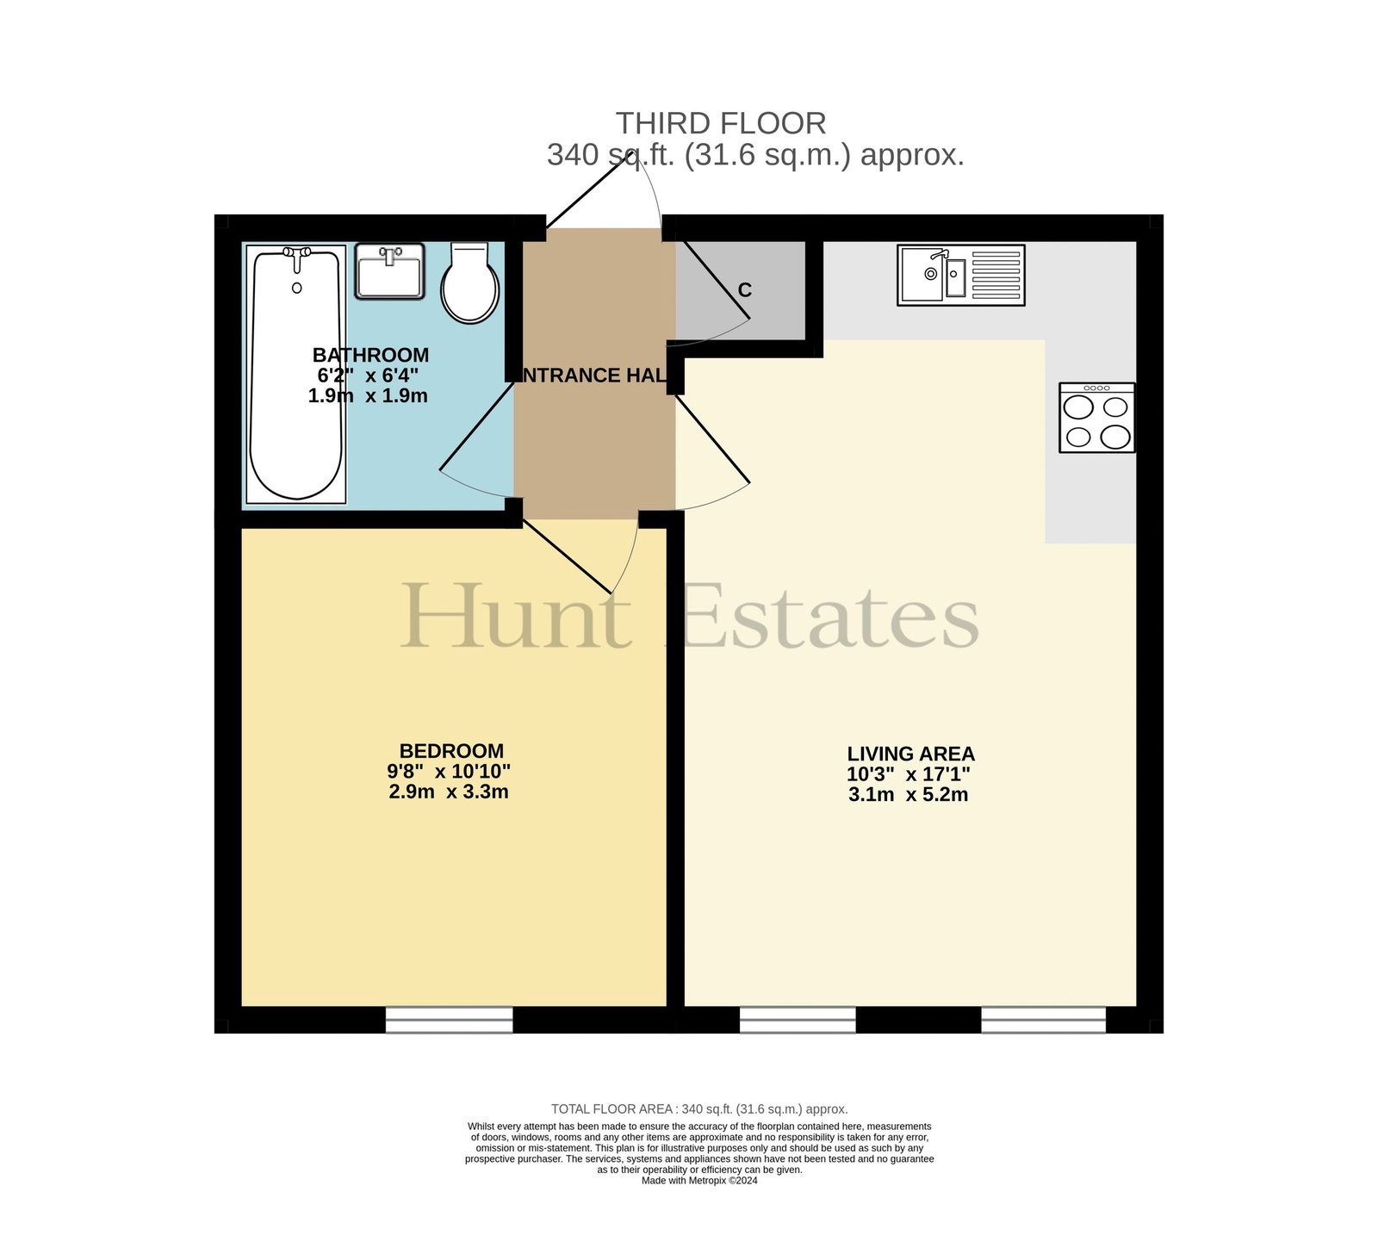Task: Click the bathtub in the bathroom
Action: [x=296, y=374]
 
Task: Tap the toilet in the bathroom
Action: [x=469, y=283]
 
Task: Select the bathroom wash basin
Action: [x=390, y=271]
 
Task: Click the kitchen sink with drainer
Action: [x=961, y=275]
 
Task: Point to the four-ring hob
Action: [x=1097, y=418]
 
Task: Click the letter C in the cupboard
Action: [x=745, y=291]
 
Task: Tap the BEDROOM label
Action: [x=451, y=750]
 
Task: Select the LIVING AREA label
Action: [x=910, y=754]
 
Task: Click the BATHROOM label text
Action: [x=370, y=355]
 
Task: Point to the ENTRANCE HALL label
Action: [x=594, y=376]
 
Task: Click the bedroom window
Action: [x=449, y=1020]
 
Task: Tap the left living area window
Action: [x=798, y=1020]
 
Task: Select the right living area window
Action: [x=1043, y=1020]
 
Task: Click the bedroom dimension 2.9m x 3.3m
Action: [x=449, y=792]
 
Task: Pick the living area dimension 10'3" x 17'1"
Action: [x=909, y=774]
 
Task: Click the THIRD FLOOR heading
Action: [x=721, y=123]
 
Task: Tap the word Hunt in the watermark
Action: [x=517, y=616]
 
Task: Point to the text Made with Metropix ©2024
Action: [x=699, y=1181]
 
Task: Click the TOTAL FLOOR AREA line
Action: [x=699, y=1109]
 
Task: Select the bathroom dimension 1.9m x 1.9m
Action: [x=368, y=396]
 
